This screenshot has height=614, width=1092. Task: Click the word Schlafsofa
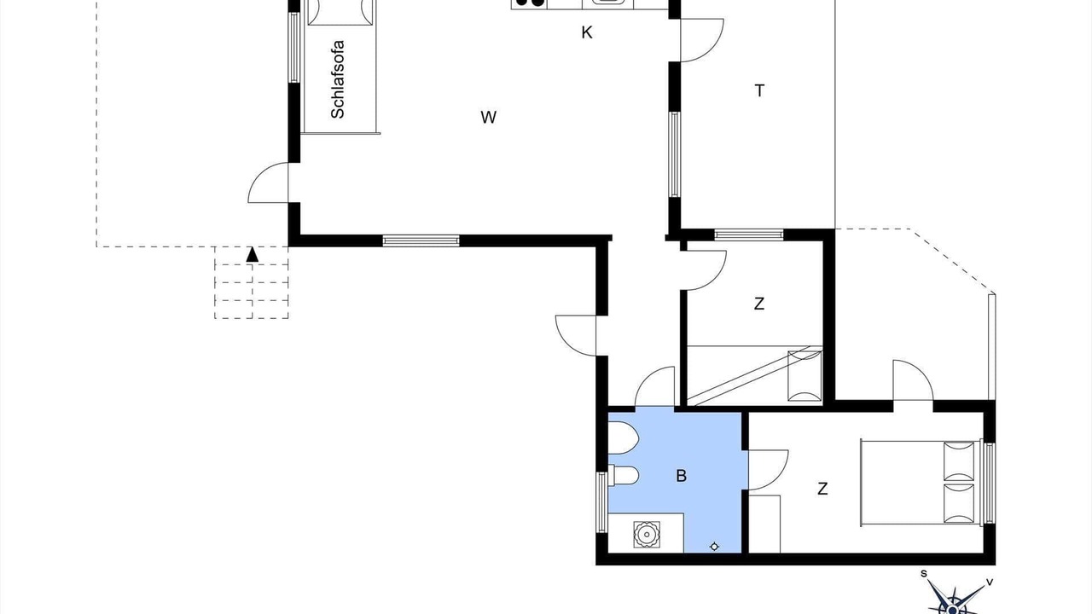337,79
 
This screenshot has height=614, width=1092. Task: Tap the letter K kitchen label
587,32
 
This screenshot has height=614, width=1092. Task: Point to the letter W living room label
489,118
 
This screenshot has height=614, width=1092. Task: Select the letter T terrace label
759,90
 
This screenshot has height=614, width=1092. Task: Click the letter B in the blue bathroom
682,476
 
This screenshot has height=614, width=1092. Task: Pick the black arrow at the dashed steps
252,254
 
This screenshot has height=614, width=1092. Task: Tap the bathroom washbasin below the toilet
624,475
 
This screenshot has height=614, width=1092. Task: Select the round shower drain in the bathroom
714,547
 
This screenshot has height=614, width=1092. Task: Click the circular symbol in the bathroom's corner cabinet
647,535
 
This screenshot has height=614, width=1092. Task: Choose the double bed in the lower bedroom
921,483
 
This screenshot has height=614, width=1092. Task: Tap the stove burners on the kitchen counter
529,3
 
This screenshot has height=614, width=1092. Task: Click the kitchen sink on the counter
608,3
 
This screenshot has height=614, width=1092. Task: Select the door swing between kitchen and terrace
702,40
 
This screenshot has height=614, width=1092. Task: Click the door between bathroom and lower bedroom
769,470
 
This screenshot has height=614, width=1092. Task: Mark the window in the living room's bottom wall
421,240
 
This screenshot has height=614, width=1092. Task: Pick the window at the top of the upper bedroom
749,235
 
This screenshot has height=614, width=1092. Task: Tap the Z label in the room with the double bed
822,489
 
